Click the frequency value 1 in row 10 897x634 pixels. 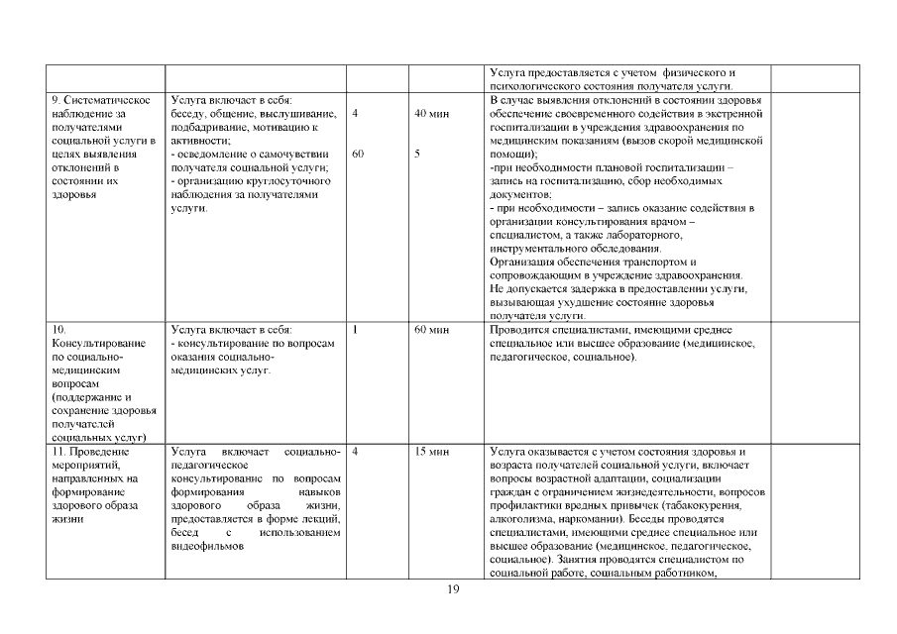click(x=355, y=329)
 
